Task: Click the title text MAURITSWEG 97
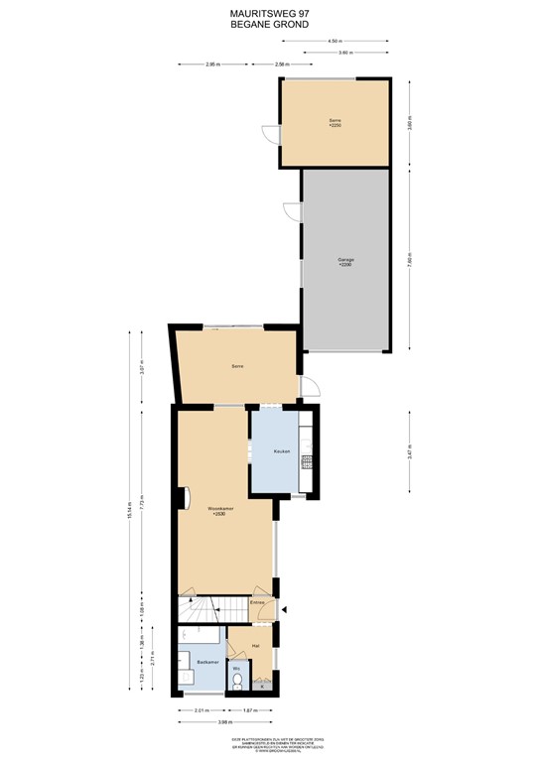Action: click(x=269, y=14)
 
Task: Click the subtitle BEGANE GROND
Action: click(x=269, y=24)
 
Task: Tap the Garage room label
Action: click(x=345, y=261)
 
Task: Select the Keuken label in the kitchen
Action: click(x=282, y=451)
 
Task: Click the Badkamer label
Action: click(x=206, y=661)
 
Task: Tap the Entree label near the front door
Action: click(x=257, y=602)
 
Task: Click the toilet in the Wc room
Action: click(x=237, y=682)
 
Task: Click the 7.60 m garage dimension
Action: click(x=409, y=261)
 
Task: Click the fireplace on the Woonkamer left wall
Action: click(x=181, y=496)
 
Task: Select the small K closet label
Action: click(x=262, y=686)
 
